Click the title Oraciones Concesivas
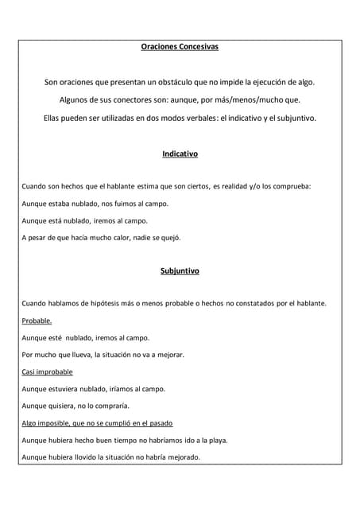[x=180, y=47]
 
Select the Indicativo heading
[x=180, y=153]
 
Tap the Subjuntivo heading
[x=180, y=270]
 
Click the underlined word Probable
[x=37, y=321]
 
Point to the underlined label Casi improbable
[x=47, y=371]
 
